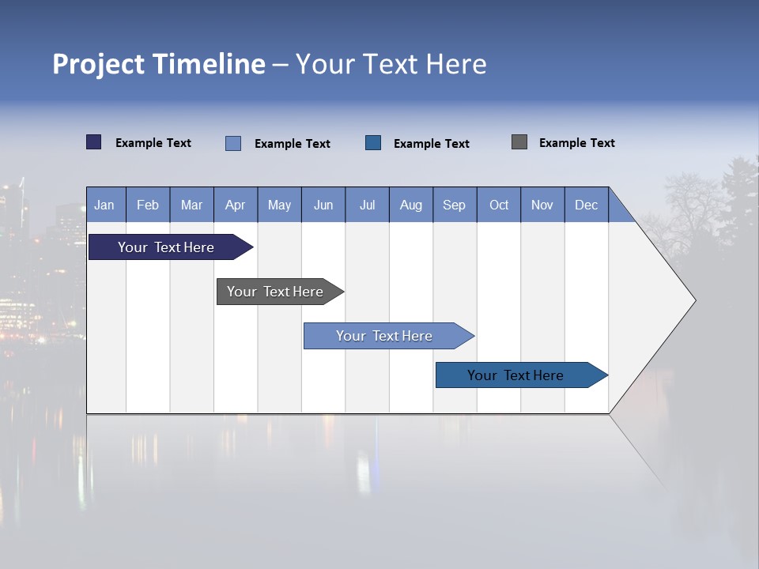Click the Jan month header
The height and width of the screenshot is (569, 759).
point(104,205)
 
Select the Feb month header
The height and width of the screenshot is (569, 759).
point(148,205)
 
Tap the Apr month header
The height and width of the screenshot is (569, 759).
point(235,205)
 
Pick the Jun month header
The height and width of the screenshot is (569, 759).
point(323,205)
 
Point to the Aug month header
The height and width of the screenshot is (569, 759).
point(410,205)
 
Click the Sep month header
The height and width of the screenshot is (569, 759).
point(454,205)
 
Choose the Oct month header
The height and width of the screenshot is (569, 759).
point(499,205)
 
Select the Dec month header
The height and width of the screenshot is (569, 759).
point(586,205)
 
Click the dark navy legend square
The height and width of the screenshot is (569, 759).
point(94,142)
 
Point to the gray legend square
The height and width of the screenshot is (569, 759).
point(519,142)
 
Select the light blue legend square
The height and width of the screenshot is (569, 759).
point(233,143)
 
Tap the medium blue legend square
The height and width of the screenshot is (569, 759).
point(373,142)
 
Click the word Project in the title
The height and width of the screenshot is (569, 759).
point(98,64)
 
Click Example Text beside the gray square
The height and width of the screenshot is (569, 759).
point(576,143)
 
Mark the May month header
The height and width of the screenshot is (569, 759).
point(279,205)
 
